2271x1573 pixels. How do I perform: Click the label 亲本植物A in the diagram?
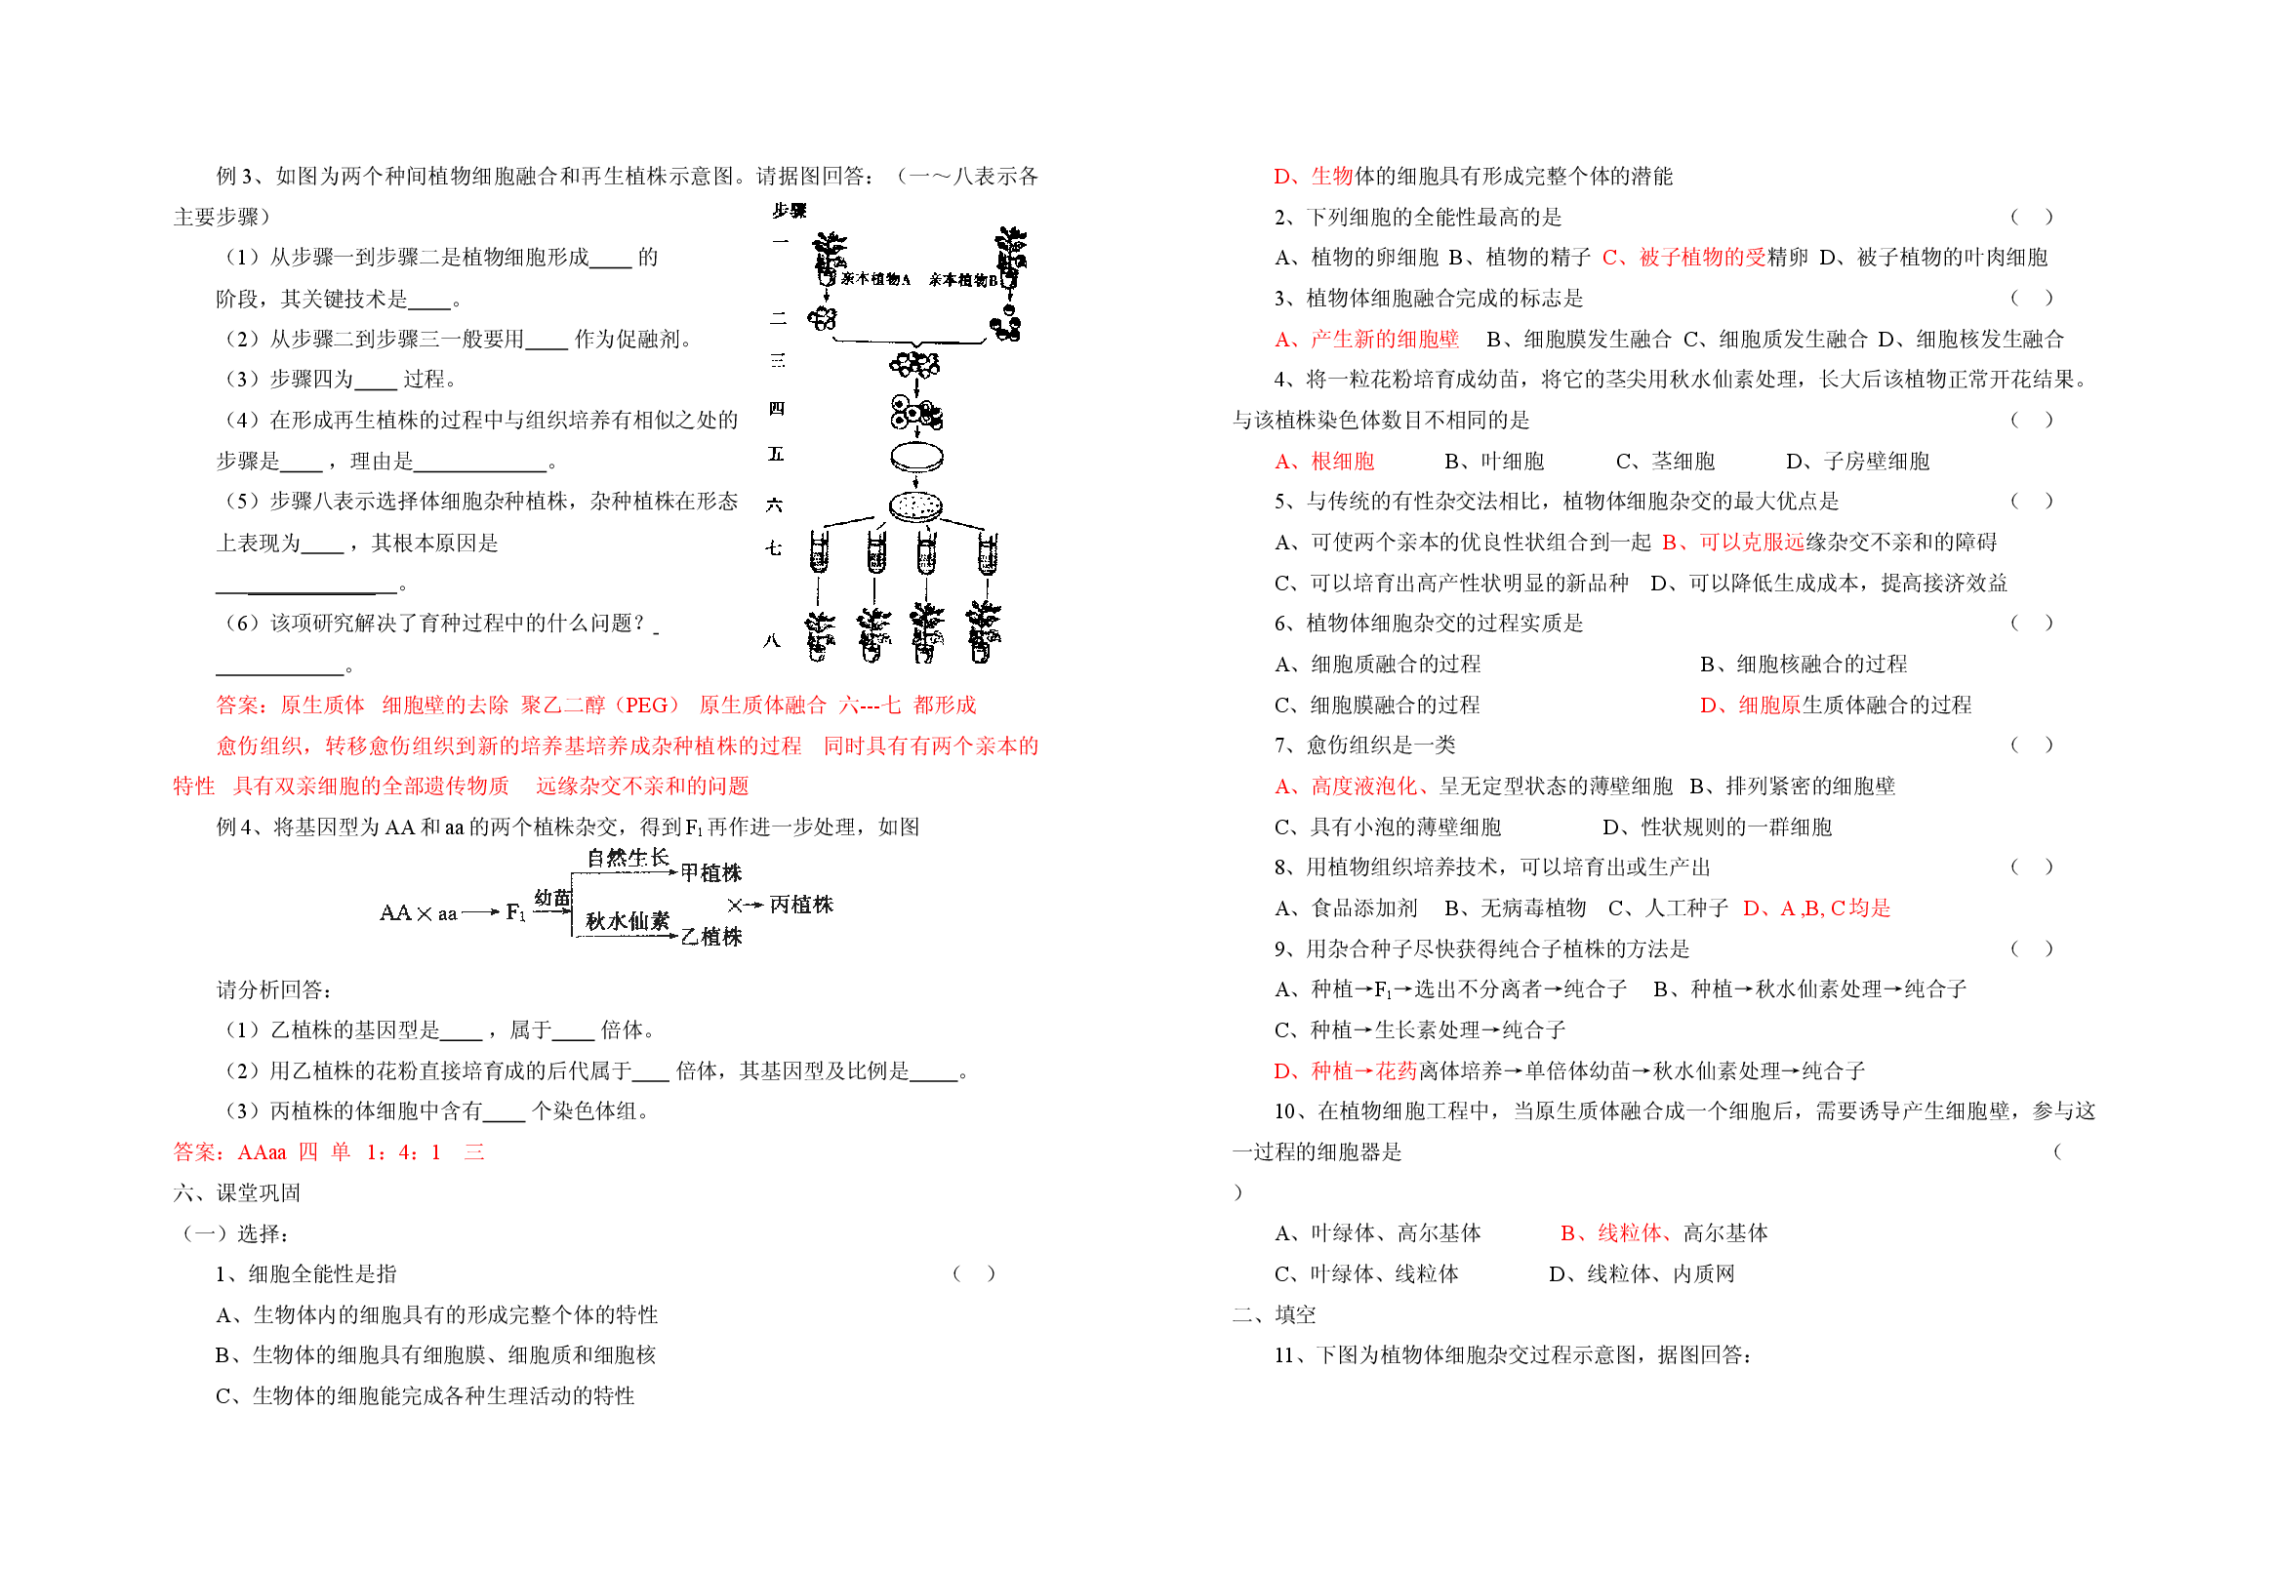[x=874, y=279]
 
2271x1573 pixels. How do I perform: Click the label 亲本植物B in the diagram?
[x=962, y=280]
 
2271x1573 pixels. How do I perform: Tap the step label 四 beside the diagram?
[x=777, y=408]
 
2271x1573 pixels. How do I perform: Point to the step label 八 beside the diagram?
[x=772, y=641]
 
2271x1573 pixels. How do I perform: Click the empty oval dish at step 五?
[x=916, y=459]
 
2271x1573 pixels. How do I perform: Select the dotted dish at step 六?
[x=915, y=506]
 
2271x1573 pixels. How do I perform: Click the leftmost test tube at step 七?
[x=819, y=552]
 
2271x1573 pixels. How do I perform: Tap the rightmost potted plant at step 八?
[x=983, y=630]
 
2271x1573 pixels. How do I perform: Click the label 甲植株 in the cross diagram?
[x=710, y=872]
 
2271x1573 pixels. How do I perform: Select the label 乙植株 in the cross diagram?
[x=710, y=937]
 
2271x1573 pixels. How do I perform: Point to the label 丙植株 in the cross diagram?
[x=801, y=904]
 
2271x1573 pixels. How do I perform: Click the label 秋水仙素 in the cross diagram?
[x=628, y=920]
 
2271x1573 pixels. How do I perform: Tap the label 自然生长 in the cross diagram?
[x=628, y=858]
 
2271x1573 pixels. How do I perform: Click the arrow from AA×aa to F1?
[x=481, y=912]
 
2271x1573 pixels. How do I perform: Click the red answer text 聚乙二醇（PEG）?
[x=600, y=705]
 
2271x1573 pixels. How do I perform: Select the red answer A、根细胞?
[x=1323, y=462]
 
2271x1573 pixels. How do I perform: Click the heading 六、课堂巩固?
[x=236, y=1192]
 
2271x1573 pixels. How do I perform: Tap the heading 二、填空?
[x=1274, y=1314]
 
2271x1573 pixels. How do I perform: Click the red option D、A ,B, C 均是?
[x=1816, y=907]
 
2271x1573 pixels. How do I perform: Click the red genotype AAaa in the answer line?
[x=263, y=1152]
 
